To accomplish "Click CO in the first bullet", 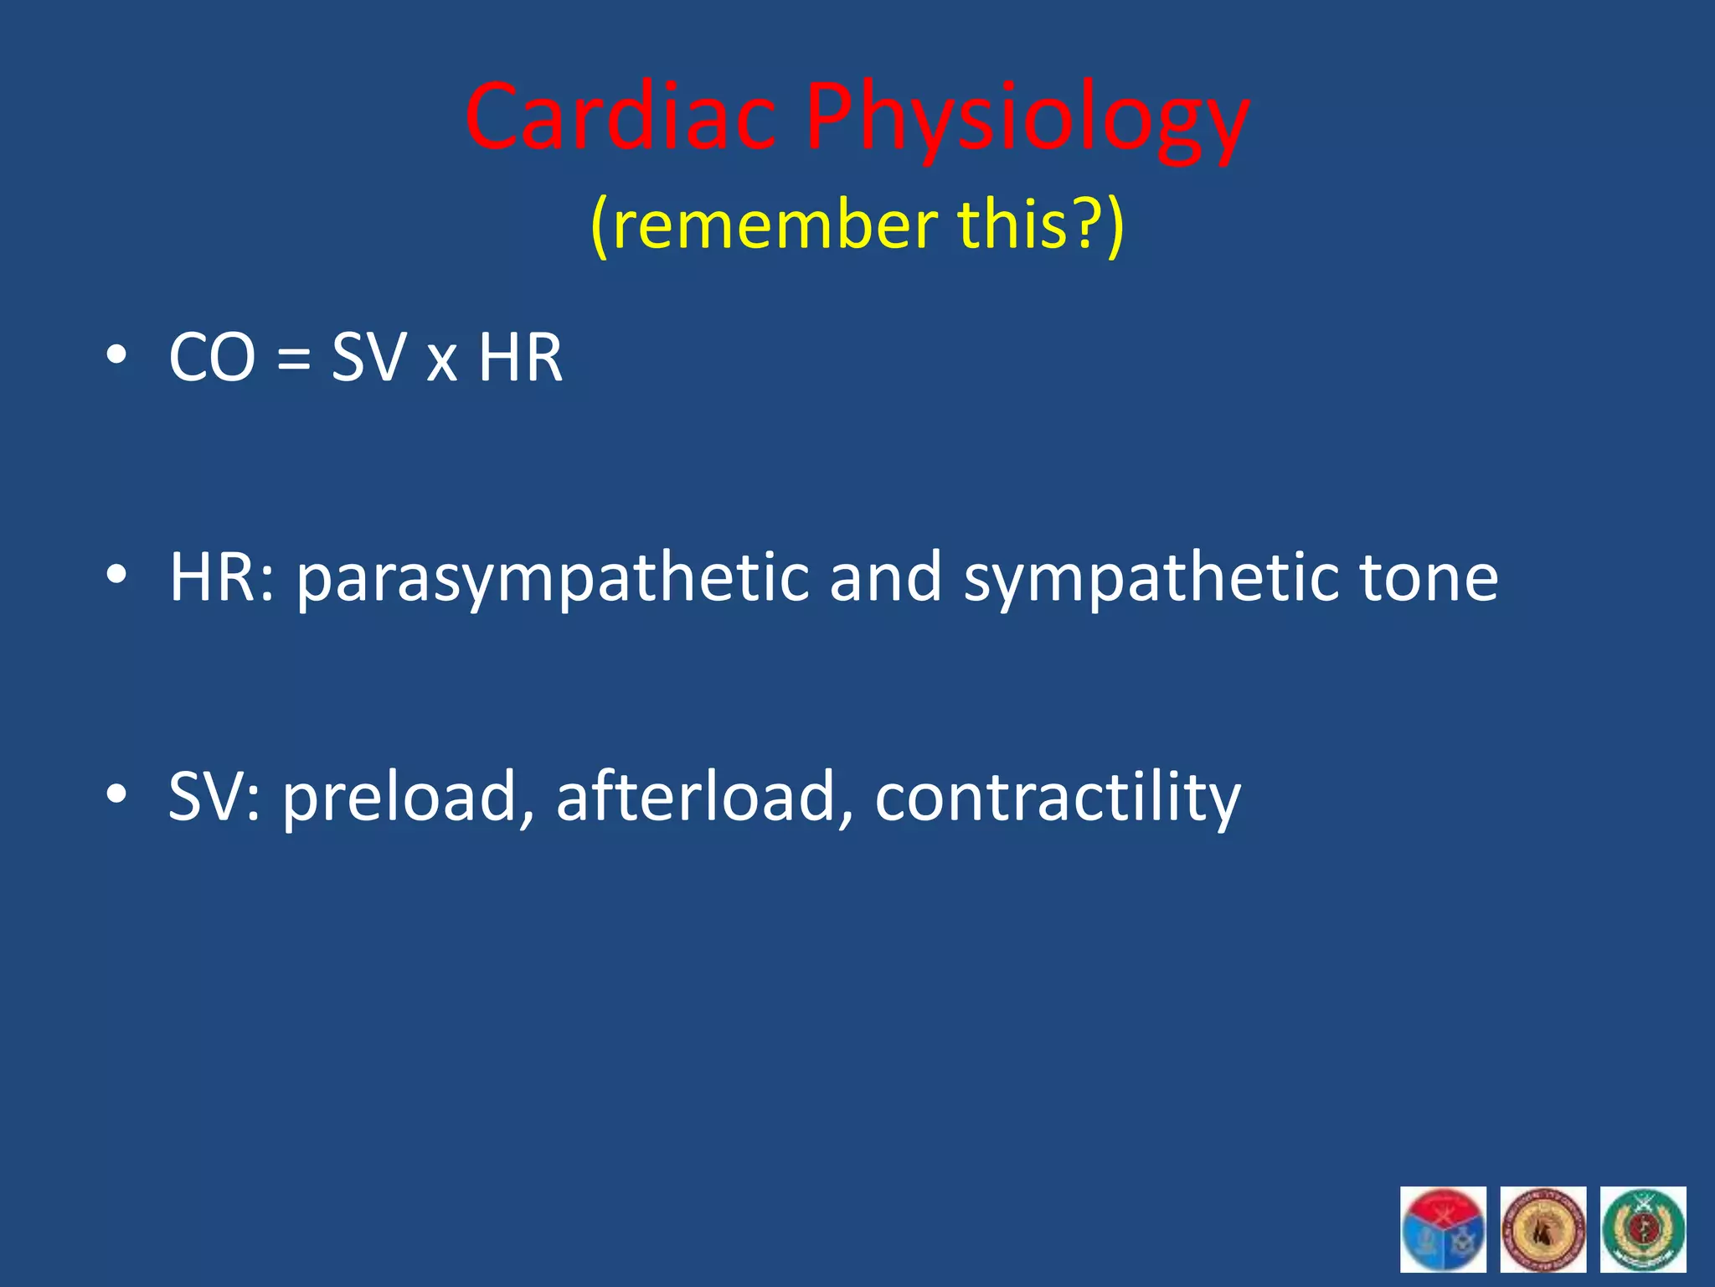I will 211,358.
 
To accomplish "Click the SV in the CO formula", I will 368,358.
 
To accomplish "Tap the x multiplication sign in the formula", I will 441,362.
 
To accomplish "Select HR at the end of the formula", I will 520,358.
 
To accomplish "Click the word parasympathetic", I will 553,578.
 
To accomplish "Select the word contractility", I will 1057,798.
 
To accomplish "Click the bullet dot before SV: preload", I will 116,793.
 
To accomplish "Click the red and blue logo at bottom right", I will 1443,1229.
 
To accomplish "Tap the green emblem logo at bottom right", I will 1642,1229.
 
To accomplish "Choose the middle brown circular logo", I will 1542,1229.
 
